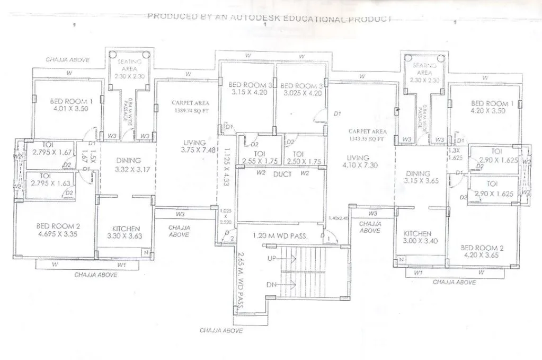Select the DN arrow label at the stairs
pos(272,285)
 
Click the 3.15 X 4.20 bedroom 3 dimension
pos(249,92)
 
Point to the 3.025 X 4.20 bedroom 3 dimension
pos(300,92)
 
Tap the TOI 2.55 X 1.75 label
pos(260,158)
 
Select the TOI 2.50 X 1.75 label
pos(304,158)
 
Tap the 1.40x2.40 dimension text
pos(339,218)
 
